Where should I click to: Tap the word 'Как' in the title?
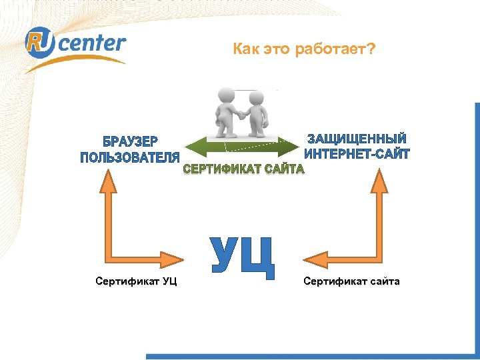pos(245,49)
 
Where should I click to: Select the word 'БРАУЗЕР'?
pos(130,142)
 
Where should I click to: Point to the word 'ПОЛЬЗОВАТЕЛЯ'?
pos(130,157)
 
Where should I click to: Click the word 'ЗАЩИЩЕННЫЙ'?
pos(357,139)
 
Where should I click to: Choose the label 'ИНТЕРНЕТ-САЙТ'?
pos(357,154)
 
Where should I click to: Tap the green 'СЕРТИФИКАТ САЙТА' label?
pos(243,169)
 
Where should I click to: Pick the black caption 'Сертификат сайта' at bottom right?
pos(351,281)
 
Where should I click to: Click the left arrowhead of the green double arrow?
pos(188,147)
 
